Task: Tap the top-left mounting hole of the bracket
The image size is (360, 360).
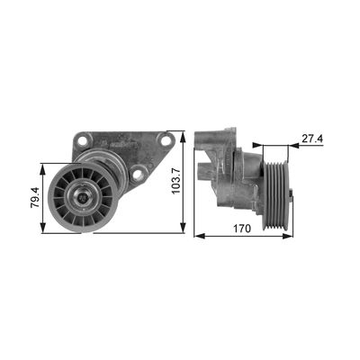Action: coord(83,140)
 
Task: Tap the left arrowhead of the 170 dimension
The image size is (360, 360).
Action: coord(198,236)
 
